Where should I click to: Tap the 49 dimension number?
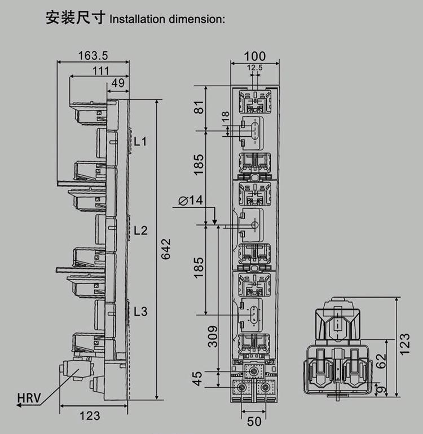click(x=118, y=83)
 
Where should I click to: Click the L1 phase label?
click(x=140, y=141)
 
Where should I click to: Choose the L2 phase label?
click(x=140, y=230)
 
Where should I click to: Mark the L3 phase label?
click(x=140, y=311)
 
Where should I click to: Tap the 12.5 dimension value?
click(x=255, y=68)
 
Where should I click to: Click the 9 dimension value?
click(x=381, y=389)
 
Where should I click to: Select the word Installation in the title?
click(x=135, y=19)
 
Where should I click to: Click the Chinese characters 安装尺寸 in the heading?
click(x=76, y=18)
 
